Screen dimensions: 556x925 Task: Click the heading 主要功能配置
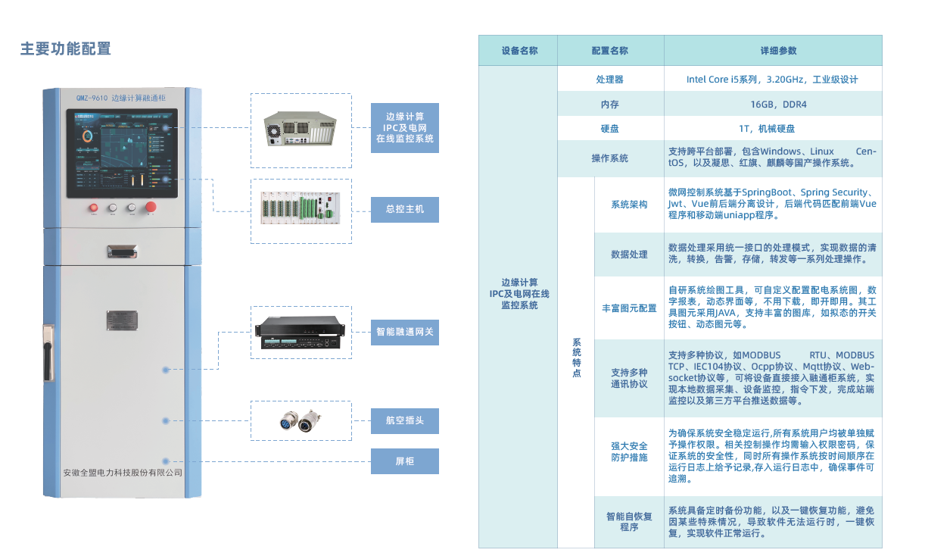(66, 49)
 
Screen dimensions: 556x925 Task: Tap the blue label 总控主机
(404, 208)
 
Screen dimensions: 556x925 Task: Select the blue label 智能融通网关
(404, 332)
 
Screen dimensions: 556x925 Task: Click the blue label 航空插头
(404, 420)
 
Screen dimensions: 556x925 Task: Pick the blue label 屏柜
(404, 461)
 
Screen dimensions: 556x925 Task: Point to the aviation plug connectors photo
(301, 420)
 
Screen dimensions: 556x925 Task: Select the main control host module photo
(301, 210)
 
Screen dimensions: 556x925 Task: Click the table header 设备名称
(519, 51)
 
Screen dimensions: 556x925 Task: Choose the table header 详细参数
(772, 51)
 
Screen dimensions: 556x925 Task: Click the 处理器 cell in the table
(610, 80)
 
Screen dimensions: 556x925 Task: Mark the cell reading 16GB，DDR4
(772, 105)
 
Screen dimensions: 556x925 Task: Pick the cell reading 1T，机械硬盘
(772, 129)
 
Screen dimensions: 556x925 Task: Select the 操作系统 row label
(610, 158)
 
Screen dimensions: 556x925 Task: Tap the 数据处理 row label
(629, 255)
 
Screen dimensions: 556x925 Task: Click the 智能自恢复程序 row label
(629, 521)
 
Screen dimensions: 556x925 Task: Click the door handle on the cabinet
(48, 351)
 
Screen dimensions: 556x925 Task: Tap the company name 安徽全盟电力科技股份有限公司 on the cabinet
(123, 472)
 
